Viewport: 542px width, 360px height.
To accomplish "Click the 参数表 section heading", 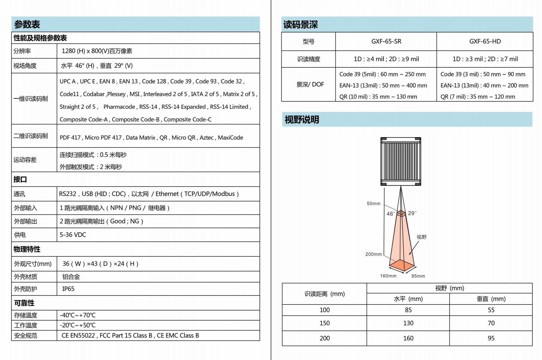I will [x=27, y=24].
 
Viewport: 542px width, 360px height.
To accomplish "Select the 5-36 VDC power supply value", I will [x=73, y=235].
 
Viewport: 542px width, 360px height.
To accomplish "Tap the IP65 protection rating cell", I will [x=69, y=289].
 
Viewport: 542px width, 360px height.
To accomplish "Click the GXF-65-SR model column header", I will [x=386, y=42].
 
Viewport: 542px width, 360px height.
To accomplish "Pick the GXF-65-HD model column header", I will [x=485, y=42].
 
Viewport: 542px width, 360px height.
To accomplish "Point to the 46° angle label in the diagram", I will [x=391, y=213].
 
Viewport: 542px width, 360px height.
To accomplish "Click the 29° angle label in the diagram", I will [x=412, y=213].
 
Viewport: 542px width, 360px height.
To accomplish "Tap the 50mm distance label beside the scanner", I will [x=373, y=204].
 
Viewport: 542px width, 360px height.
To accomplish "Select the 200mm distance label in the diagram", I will [x=373, y=254].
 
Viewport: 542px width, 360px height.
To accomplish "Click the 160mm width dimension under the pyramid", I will [x=388, y=276].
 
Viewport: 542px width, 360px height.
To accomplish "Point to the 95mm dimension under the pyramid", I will [x=418, y=276].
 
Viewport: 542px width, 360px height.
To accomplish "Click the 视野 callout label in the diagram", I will [x=422, y=237].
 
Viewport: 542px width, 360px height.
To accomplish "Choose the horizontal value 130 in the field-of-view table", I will [x=408, y=323].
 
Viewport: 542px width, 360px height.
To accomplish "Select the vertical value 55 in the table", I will [x=491, y=310].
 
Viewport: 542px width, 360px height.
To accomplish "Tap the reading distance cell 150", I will [x=325, y=323].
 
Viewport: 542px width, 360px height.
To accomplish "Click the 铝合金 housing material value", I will [x=71, y=277].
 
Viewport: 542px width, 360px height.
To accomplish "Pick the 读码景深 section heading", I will [x=300, y=25].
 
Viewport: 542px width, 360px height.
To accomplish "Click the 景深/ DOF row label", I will [x=310, y=84].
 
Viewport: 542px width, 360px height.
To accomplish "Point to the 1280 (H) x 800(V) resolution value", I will [x=97, y=51].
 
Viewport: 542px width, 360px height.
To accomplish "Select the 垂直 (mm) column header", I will [x=491, y=299].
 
